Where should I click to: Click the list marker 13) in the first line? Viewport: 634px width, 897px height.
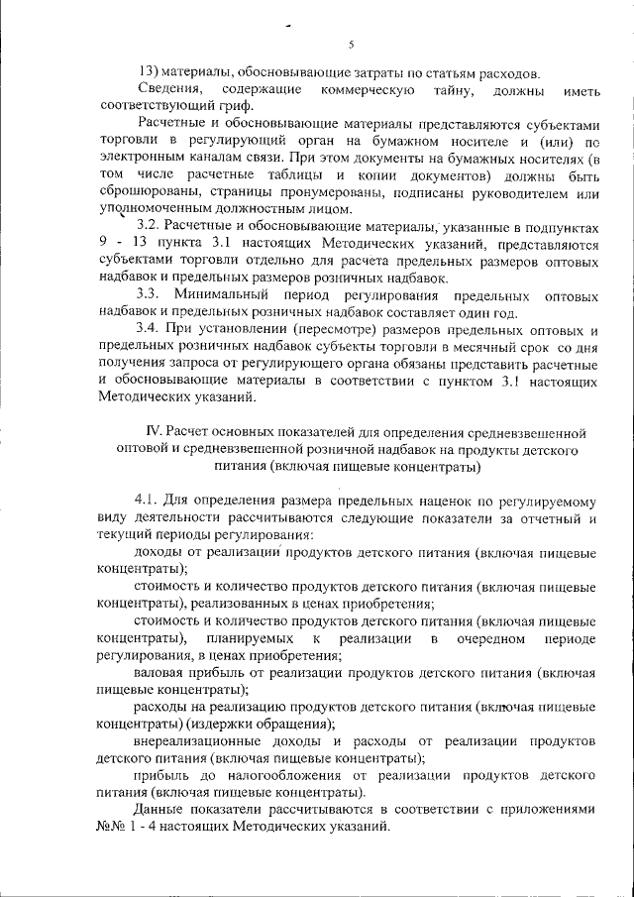coord(148,72)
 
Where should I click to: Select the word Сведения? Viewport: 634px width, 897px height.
coord(167,90)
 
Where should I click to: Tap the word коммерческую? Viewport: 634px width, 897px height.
coord(369,90)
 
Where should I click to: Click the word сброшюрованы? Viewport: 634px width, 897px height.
coord(144,192)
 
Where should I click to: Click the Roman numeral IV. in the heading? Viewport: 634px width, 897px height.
coord(155,432)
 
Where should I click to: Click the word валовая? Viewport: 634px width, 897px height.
coord(160,672)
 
